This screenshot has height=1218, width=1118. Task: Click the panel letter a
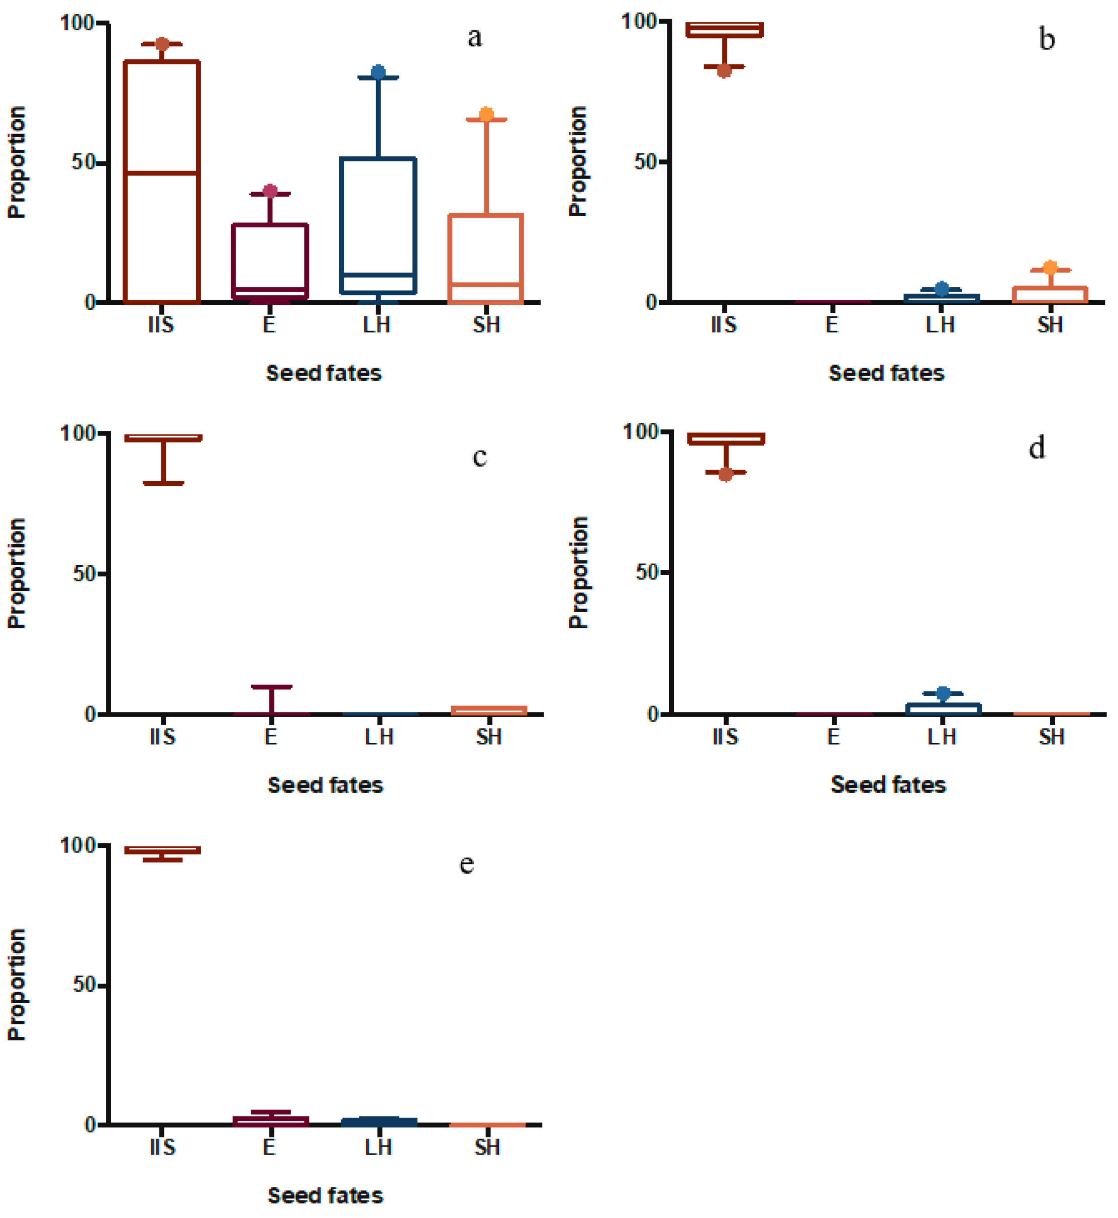coord(475,38)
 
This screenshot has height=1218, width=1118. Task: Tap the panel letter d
coord(1037,449)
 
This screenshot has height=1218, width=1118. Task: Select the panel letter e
coord(466,864)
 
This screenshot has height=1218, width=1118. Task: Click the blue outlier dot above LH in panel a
coord(378,72)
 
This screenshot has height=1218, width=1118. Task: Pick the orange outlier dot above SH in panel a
coord(486,115)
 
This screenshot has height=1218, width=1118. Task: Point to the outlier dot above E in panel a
coord(270,191)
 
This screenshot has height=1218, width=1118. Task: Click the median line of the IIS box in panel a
coord(161,173)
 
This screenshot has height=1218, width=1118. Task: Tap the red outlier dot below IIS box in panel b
coord(724,71)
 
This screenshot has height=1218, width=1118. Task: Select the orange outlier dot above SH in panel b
coord(1050,267)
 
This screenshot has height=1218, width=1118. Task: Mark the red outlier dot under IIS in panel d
coord(726,475)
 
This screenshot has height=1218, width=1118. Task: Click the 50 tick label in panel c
coord(84,574)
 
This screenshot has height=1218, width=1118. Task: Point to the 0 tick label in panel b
coord(652,302)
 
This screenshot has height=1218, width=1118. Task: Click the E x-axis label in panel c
coord(270,737)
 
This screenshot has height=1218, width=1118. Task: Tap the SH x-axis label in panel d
coord(1052,737)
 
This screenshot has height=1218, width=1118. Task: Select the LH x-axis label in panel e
coord(378,1148)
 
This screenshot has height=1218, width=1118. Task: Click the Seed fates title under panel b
coord(886,374)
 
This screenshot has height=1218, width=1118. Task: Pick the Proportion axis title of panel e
coord(17,985)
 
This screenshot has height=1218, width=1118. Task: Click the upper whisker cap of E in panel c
coord(272,687)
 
